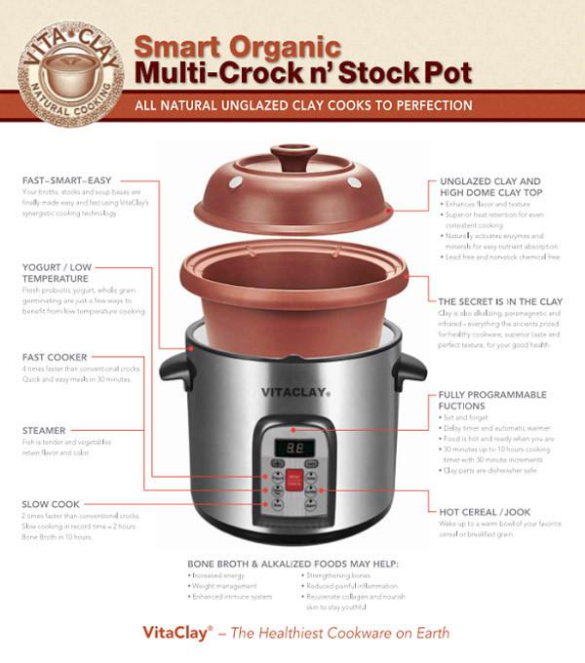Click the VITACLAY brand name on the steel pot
pyautogui.click(x=292, y=391)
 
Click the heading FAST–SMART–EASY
pyautogui.click(x=66, y=180)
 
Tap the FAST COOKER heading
pyautogui.click(x=55, y=357)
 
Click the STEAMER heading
pyautogui.click(x=45, y=429)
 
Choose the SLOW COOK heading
pyautogui.click(x=51, y=503)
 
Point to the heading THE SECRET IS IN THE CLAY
pyautogui.click(x=501, y=301)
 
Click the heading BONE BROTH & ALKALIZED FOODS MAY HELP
pyautogui.click(x=292, y=565)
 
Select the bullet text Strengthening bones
pyautogui.click(x=339, y=576)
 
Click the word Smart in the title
pyautogui.click(x=181, y=45)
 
